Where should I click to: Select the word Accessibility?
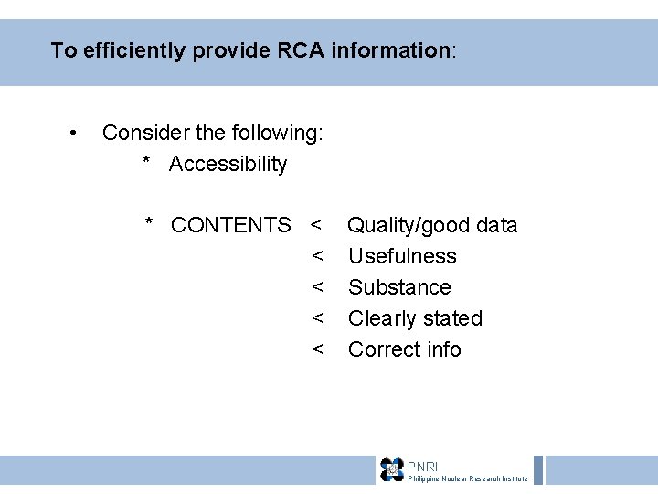point(228,165)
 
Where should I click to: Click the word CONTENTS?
point(231,225)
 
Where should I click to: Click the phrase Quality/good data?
point(432,225)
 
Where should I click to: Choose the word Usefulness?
point(402,256)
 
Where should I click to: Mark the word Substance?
point(399,287)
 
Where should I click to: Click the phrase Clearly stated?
point(415,318)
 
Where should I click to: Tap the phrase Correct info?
point(405,349)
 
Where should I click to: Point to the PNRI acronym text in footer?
point(422,467)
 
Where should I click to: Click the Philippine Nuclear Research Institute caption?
point(467,479)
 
